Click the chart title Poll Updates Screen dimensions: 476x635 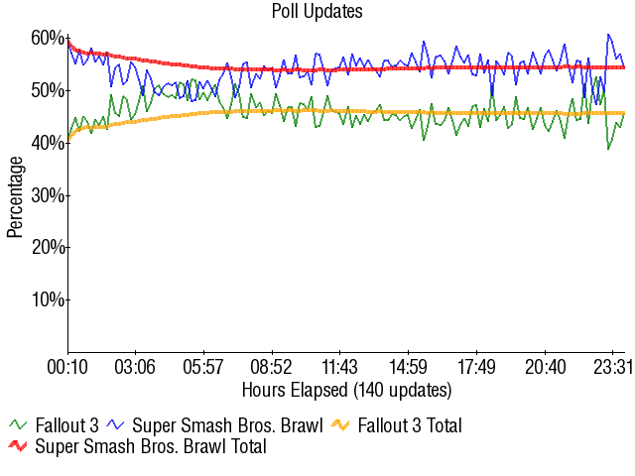[x=317, y=12]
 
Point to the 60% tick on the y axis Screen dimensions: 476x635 [x=48, y=39]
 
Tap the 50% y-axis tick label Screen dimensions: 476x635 [x=48, y=91]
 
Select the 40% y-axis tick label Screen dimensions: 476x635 [x=48, y=143]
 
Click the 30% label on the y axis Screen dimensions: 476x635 [x=48, y=195]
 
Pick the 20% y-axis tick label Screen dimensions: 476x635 [x=48, y=247]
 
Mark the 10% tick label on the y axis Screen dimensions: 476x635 [x=48, y=299]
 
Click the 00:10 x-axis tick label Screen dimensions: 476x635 [x=67, y=368]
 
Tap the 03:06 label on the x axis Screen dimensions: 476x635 [x=136, y=368]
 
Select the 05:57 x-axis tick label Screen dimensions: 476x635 [x=203, y=368]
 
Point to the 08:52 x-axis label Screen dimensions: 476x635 [x=272, y=368]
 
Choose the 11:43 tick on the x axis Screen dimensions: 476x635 [x=339, y=368]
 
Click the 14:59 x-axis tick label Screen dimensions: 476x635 [x=408, y=368]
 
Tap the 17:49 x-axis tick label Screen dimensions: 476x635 [x=476, y=368]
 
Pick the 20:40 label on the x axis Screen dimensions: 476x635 [x=544, y=368]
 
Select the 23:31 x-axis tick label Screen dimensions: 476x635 [x=612, y=368]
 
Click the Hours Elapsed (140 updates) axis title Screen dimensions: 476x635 [x=346, y=389]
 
